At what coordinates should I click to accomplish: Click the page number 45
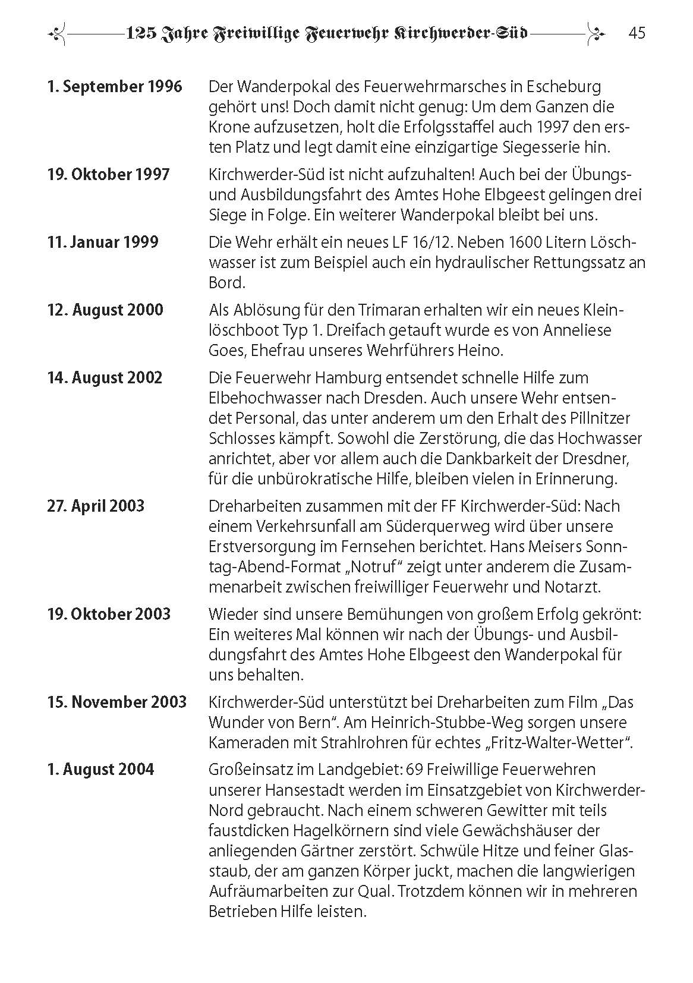pos(637,33)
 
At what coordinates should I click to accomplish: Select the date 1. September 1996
pos(115,87)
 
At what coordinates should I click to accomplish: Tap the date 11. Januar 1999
pos(103,242)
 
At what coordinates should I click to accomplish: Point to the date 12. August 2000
pos(105,310)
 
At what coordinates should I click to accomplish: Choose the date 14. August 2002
pos(105,378)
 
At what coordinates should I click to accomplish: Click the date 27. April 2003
pos(96,506)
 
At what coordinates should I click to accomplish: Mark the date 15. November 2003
pos(117,702)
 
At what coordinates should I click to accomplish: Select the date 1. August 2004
pos(100,770)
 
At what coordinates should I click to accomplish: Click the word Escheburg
pos(563,87)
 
